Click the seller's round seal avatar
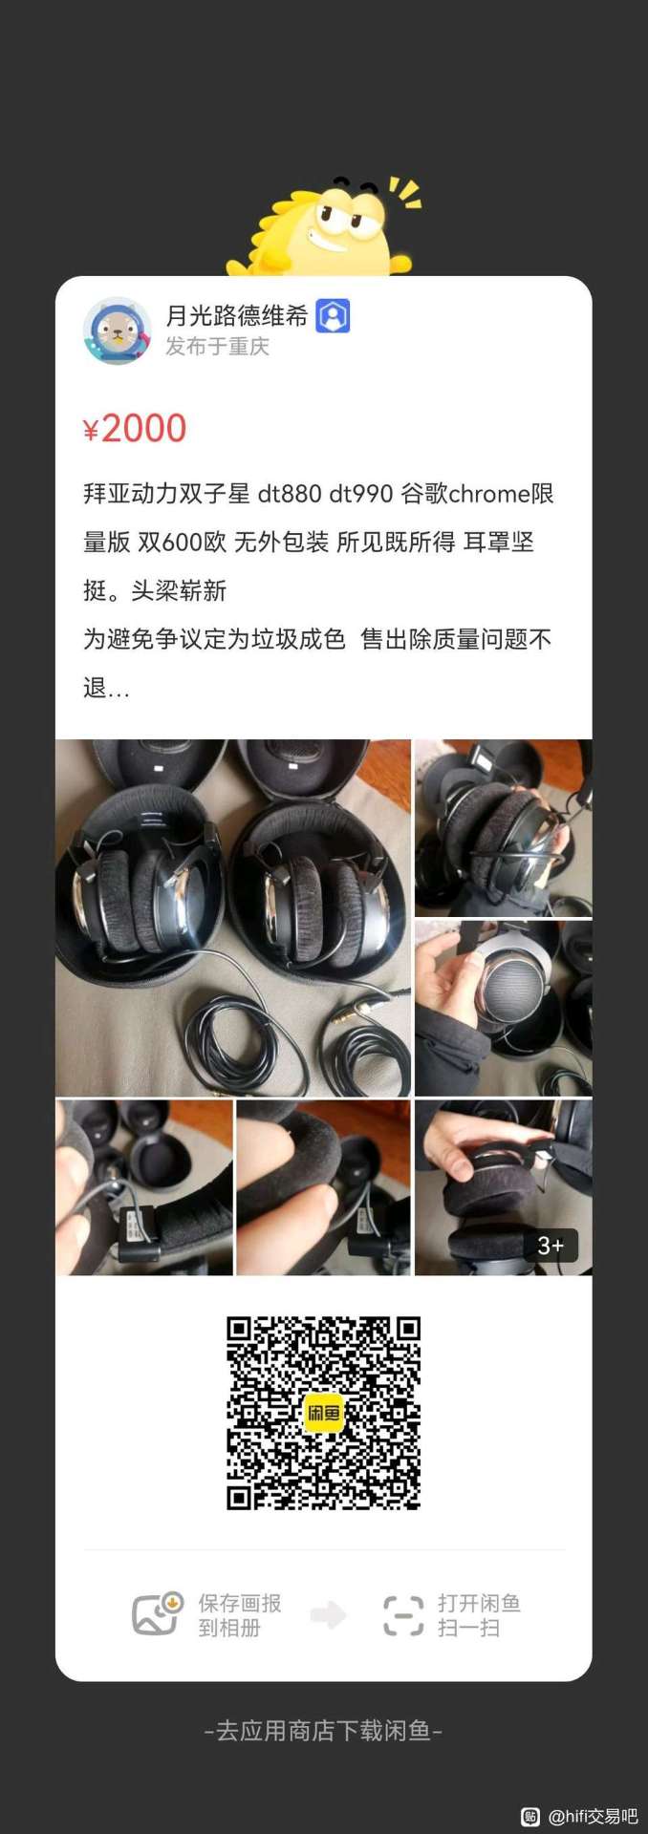click(x=118, y=331)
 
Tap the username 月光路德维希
click(x=237, y=316)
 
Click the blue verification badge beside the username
click(x=333, y=316)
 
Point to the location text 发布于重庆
click(x=218, y=347)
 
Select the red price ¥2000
click(x=135, y=429)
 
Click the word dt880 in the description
click(x=290, y=494)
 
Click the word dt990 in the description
click(x=361, y=494)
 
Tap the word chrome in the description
click(x=489, y=494)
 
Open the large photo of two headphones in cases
click(x=233, y=918)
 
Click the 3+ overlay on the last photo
click(x=551, y=1246)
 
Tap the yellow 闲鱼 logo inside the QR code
click(x=323, y=1413)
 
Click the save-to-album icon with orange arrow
click(x=158, y=1614)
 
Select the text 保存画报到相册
click(x=240, y=1615)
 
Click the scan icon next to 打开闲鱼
click(x=403, y=1615)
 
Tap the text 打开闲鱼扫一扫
click(x=479, y=1615)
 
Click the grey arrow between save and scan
click(x=329, y=1615)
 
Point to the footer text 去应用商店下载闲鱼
click(x=324, y=1731)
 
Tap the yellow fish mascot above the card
click(x=325, y=226)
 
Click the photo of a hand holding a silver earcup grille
click(x=504, y=1008)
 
